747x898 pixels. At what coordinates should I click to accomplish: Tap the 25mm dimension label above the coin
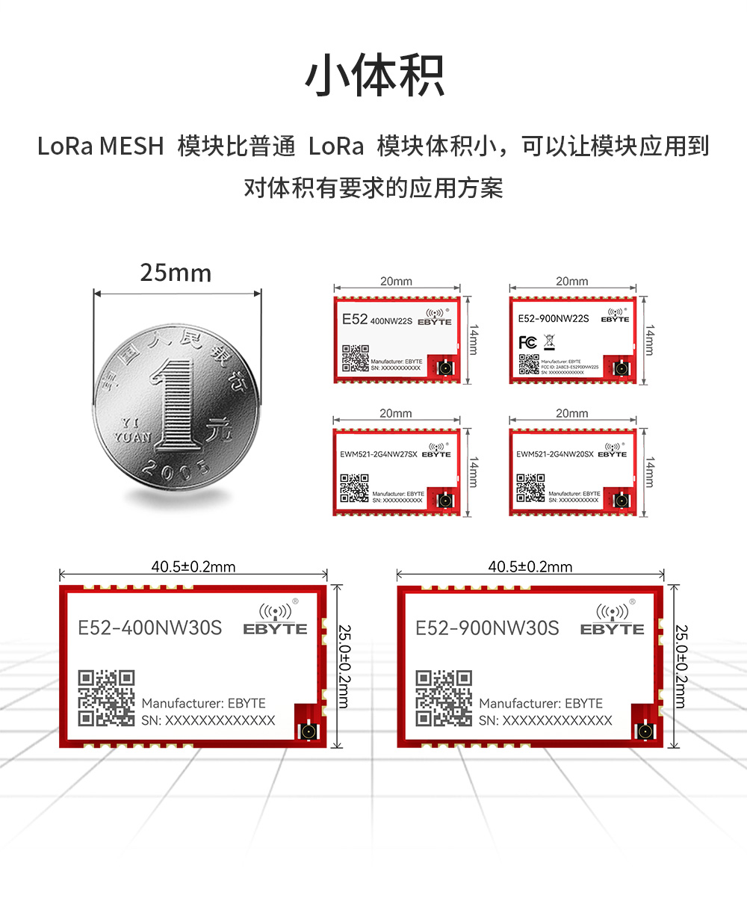pyautogui.click(x=176, y=273)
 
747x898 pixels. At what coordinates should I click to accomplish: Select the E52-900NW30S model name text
pyautogui.click(x=487, y=628)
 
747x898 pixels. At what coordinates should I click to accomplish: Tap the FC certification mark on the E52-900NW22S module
pyautogui.click(x=527, y=342)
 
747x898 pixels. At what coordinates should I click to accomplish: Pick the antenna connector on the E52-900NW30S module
pyautogui.click(x=644, y=730)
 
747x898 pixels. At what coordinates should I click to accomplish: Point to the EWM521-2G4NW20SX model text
pyautogui.click(x=555, y=453)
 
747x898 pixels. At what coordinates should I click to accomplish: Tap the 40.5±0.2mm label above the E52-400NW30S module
pyautogui.click(x=193, y=567)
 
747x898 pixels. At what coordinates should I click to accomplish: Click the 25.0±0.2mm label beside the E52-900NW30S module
pyautogui.click(x=681, y=666)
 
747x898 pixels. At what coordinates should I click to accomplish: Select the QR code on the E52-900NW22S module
pyautogui.click(x=529, y=364)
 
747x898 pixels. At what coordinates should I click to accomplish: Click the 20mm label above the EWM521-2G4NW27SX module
pyautogui.click(x=396, y=413)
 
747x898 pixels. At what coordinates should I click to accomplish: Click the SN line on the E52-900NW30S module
pyautogui.click(x=545, y=721)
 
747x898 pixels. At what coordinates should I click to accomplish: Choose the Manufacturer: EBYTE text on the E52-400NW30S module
pyautogui.click(x=203, y=703)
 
